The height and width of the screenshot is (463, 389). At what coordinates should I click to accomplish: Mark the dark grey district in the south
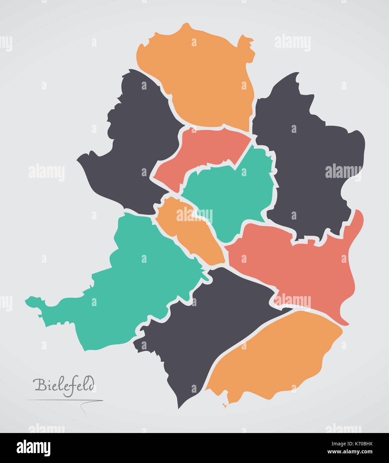206,330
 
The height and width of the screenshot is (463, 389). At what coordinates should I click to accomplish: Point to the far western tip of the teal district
27,301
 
